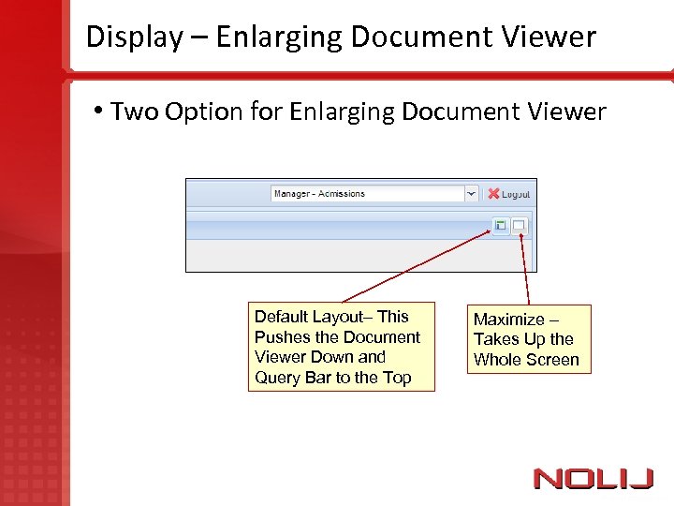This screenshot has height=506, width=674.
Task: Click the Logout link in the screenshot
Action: [516, 194]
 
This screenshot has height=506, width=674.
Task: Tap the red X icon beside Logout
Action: [493, 194]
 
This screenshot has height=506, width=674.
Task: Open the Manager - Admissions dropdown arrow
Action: [471, 194]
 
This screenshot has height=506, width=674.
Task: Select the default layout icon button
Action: [501, 225]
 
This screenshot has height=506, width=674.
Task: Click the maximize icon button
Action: [519, 225]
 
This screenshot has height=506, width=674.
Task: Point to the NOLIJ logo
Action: [593, 479]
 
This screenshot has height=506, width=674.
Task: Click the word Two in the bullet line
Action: [134, 112]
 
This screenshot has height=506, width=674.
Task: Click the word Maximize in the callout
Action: [509, 320]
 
